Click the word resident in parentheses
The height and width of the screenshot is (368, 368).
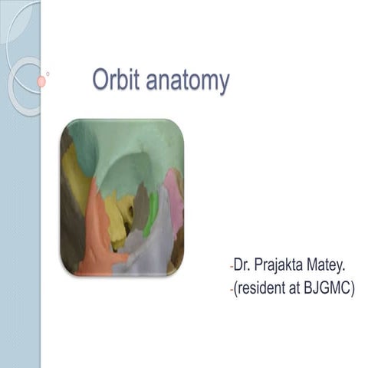263,291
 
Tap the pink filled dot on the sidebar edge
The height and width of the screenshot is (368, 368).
41,81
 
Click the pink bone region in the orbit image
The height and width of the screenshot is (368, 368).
174,201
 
